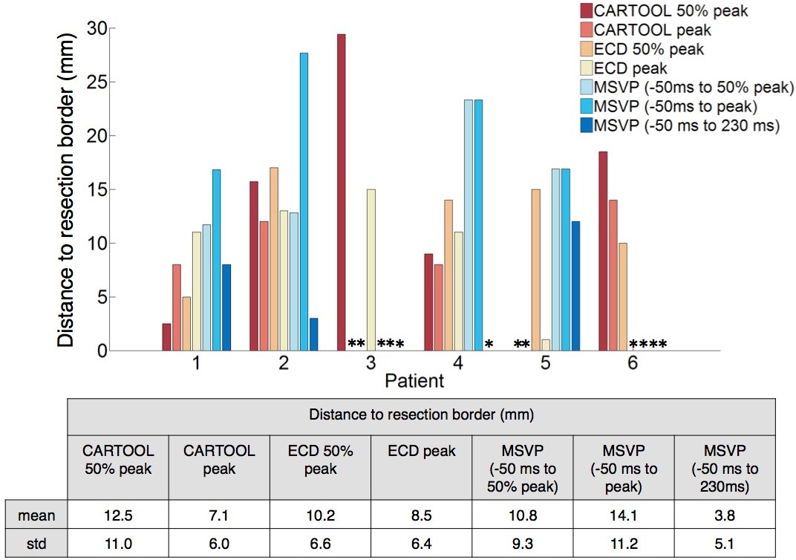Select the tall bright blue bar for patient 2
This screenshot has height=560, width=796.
point(303,201)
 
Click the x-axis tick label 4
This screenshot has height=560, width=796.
point(457,364)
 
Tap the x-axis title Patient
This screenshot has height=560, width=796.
point(414,382)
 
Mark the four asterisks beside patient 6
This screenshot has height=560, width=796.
point(648,345)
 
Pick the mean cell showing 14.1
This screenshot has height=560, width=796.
point(624,512)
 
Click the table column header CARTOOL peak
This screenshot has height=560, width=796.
point(219,460)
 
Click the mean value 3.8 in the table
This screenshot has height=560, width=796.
point(725,512)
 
